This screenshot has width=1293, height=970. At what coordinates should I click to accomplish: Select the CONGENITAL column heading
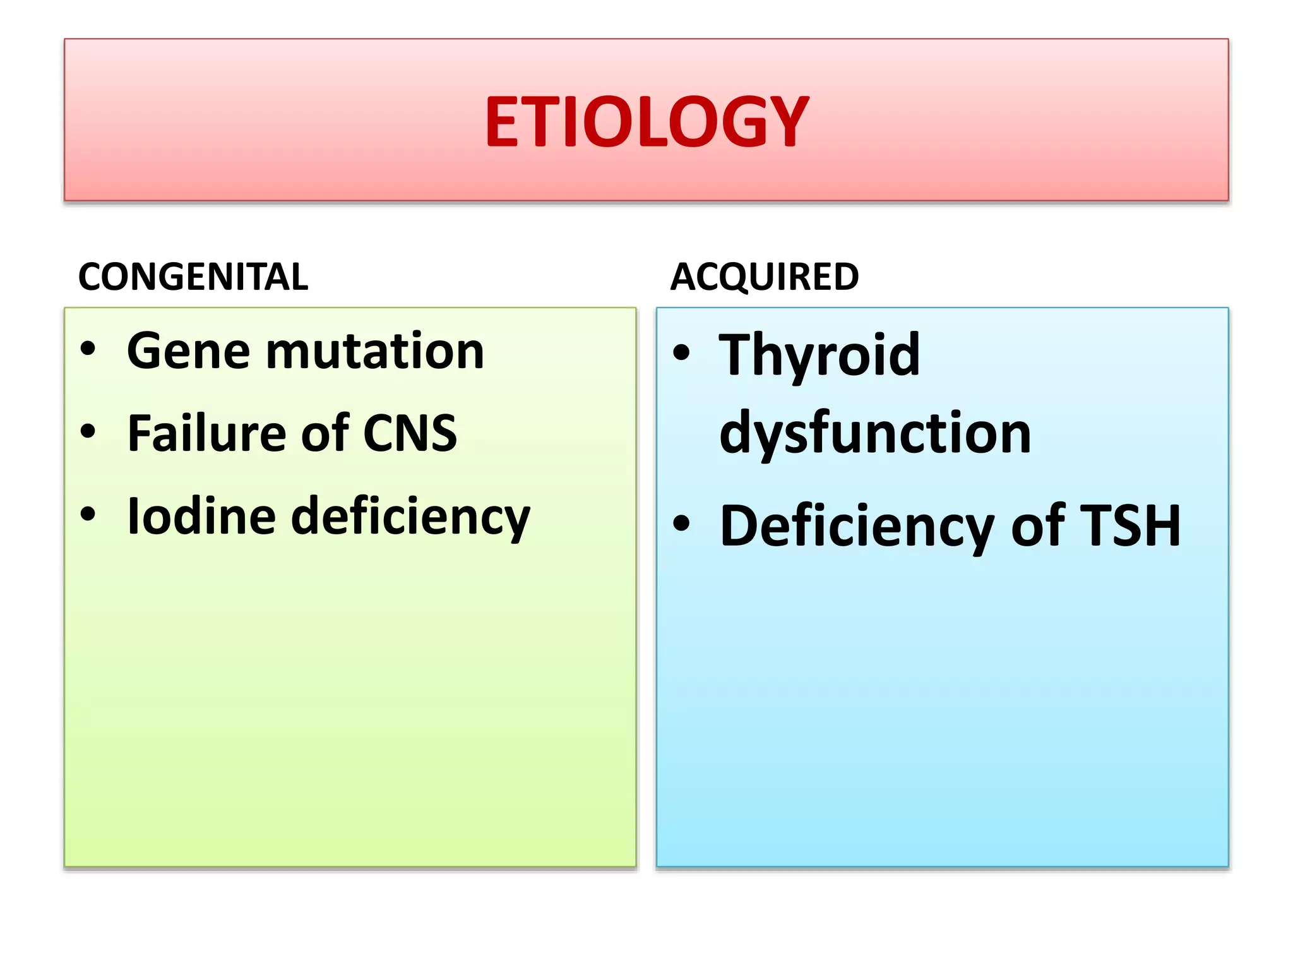193,277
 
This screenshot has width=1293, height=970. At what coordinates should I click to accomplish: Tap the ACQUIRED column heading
764,277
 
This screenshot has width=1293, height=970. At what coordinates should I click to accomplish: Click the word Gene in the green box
188,351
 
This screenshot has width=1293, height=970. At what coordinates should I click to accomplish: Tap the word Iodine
201,516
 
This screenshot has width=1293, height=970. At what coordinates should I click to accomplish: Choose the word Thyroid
819,355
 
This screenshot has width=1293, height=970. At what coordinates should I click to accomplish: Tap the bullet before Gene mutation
88,349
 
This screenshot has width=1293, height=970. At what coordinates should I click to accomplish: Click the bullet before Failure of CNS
88,432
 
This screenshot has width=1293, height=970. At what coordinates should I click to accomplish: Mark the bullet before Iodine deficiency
88,514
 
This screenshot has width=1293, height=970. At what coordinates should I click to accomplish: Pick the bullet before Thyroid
681,352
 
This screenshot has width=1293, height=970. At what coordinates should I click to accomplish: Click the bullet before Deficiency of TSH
681,524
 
